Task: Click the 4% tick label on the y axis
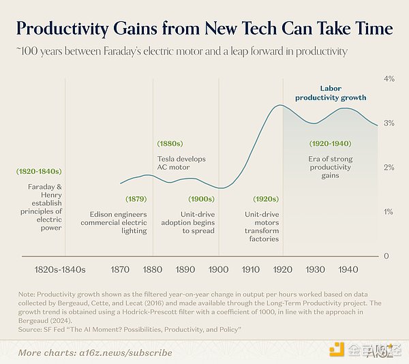[x=390, y=79]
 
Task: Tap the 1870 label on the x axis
[x=120, y=270]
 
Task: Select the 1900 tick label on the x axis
[x=218, y=270]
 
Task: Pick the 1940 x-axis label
[x=348, y=270]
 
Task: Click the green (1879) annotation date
[x=136, y=199]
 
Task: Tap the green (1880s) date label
[x=169, y=145]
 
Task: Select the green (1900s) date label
[x=202, y=199]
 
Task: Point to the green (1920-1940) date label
[x=329, y=145]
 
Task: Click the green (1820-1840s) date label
[x=38, y=171]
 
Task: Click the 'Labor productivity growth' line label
[x=331, y=93]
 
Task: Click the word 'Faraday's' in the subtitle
[x=134, y=51]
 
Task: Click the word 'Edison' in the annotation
[x=93, y=213]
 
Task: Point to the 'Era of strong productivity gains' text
[x=329, y=167]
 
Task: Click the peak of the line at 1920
[x=279, y=105]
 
